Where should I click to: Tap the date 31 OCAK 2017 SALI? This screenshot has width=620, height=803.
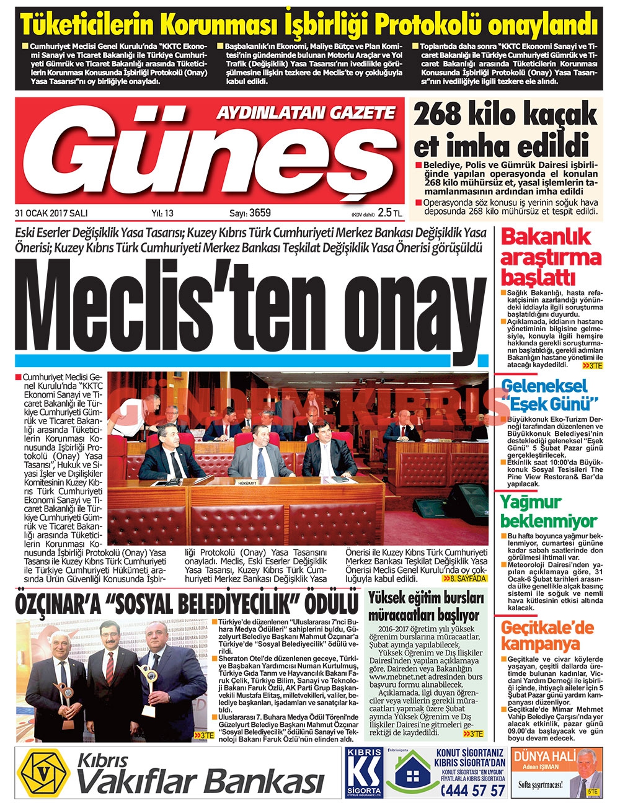point(51,213)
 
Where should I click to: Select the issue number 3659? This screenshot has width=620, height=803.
point(260,213)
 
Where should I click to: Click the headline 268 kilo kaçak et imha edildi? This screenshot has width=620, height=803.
point(501,131)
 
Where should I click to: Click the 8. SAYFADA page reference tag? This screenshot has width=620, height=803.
point(465,578)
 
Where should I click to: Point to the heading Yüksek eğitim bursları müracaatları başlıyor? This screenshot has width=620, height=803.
point(426,606)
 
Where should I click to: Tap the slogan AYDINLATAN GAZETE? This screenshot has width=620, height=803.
point(305,112)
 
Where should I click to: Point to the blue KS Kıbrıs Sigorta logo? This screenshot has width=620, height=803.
point(364,772)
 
